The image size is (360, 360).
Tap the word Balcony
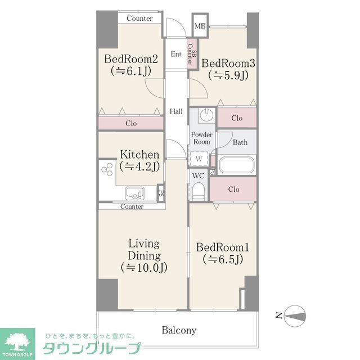click(179, 330)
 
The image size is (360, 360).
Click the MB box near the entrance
click(200, 26)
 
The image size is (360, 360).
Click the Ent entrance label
click(176, 54)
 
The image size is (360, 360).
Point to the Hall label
click(176, 111)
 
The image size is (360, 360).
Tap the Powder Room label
click(201, 138)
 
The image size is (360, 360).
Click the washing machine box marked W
click(199, 159)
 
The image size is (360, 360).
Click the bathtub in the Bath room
click(237, 165)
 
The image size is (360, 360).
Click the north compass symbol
click(294, 316)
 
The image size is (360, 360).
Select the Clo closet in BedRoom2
click(130, 123)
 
